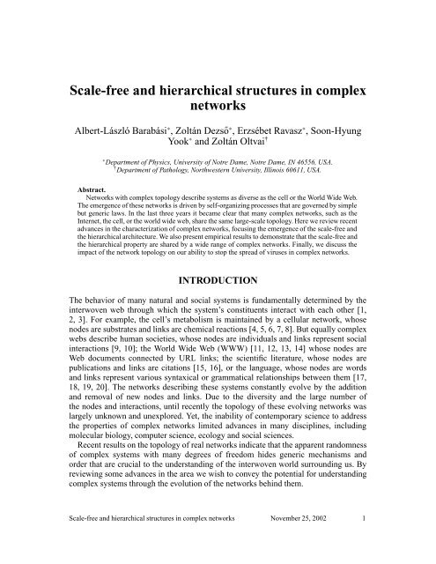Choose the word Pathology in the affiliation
coord(146,173)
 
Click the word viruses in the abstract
coord(264,235)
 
